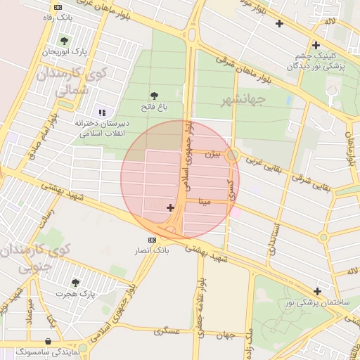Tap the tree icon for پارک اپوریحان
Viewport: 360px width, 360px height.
click(x=65, y=40)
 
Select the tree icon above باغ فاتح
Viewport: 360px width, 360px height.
click(x=154, y=96)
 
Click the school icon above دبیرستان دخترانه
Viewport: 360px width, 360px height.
click(x=102, y=112)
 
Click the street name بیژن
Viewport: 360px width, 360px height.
click(x=213, y=152)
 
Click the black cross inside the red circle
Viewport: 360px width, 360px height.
click(x=170, y=207)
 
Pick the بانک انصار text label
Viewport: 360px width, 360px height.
click(x=153, y=250)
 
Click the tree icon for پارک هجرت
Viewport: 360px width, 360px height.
click(x=75, y=283)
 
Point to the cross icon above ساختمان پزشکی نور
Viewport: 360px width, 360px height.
click(x=318, y=291)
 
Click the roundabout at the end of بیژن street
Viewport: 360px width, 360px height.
click(x=233, y=155)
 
